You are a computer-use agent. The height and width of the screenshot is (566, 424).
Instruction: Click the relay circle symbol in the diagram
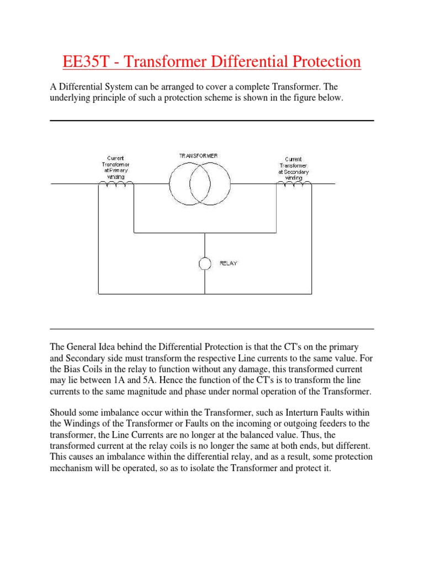point(205,264)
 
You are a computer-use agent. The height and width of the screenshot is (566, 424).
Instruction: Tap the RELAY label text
point(228,264)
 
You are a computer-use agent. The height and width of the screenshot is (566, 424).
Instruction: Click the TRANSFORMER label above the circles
point(198,156)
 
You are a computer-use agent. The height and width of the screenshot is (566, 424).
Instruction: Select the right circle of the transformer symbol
point(208,185)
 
